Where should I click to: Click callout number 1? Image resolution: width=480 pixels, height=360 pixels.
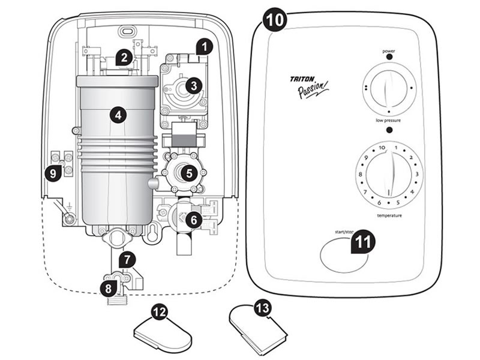tap(205, 46)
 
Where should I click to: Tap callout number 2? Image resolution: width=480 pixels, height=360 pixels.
tap(124, 58)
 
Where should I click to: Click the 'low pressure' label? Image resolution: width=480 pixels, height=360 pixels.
tap(388, 121)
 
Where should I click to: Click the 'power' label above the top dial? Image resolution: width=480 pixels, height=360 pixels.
tap(388, 52)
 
